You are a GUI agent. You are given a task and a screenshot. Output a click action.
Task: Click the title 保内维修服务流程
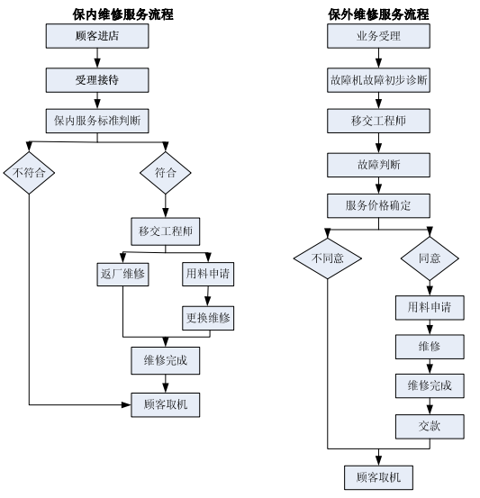point(123,14)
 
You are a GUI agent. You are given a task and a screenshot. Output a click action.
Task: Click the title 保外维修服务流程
point(378,14)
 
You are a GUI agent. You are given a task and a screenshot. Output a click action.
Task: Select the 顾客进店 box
point(97,36)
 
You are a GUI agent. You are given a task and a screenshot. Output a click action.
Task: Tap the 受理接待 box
point(97,80)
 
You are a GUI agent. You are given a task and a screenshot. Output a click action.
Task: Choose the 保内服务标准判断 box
point(97,121)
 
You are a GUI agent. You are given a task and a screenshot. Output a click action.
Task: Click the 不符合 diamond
point(29,173)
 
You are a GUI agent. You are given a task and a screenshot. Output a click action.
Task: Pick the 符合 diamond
point(165,173)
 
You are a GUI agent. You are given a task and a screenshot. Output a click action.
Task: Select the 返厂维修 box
point(122,274)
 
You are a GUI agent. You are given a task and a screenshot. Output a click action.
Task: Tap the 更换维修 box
point(208,318)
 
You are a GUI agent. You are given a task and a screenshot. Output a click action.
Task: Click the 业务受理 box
point(378,36)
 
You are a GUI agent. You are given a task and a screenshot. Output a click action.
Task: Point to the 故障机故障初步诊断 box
point(378,80)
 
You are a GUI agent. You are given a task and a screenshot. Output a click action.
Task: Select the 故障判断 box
point(378,165)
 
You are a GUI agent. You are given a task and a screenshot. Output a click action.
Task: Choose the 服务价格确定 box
point(378,206)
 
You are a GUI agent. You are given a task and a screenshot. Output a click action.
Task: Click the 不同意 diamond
point(328,258)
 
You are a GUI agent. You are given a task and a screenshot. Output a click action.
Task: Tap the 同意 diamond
point(430,258)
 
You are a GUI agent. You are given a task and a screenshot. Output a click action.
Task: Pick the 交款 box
point(430,427)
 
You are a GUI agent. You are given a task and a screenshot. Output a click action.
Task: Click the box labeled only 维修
point(430,347)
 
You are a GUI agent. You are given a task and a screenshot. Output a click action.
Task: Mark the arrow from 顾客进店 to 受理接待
point(97,59)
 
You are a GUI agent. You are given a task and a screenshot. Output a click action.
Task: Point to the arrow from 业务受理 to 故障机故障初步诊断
point(378,59)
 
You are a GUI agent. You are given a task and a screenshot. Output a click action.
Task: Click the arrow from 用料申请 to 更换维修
point(208,296)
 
